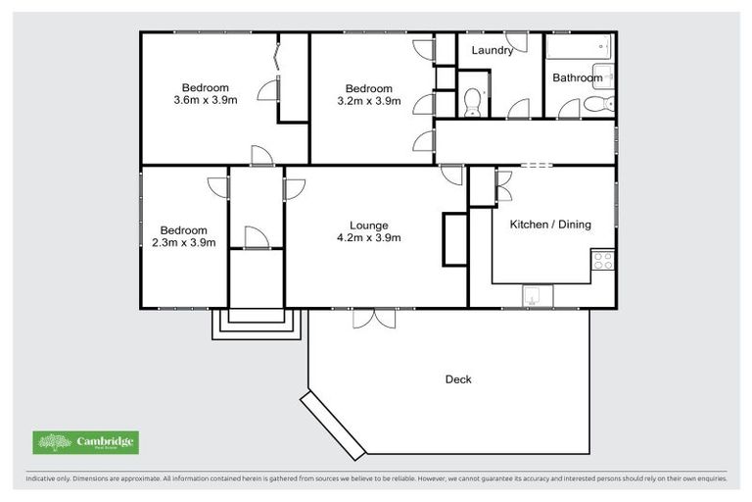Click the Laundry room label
[492, 50]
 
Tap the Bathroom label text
[577, 77]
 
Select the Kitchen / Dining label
[550, 225]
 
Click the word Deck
[458, 379]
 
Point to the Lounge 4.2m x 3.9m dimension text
[368, 237]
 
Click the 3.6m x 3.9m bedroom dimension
[206, 100]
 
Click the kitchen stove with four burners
[603, 261]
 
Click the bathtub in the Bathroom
[579, 47]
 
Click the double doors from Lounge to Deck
[375, 318]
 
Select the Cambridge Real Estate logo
[86, 442]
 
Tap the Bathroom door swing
[568, 109]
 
